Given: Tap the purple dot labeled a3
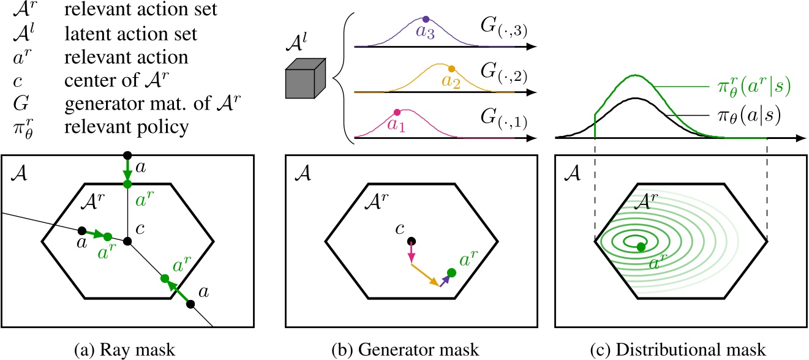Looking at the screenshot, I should pyautogui.click(x=426, y=19).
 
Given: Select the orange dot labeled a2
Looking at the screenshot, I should pyautogui.click(x=452, y=69).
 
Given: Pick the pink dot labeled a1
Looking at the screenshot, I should pyautogui.click(x=397, y=111).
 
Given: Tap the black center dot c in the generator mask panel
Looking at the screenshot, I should pyautogui.click(x=412, y=241).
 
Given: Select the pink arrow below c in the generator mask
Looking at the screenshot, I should pyautogui.click(x=412, y=252).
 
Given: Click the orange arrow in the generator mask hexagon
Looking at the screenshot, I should pyautogui.click(x=424, y=275).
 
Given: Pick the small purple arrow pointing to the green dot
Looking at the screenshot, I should pyautogui.click(x=445, y=280).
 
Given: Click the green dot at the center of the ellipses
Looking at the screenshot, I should pyautogui.click(x=641, y=247).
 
